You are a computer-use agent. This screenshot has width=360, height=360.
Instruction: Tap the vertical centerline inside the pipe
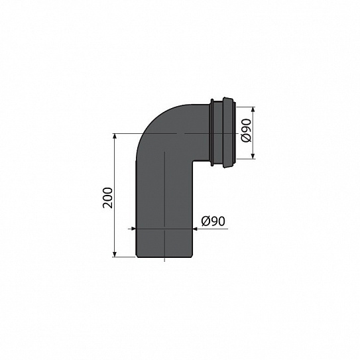(x=164, y=199)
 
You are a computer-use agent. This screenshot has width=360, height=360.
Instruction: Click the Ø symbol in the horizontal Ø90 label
(x=204, y=220)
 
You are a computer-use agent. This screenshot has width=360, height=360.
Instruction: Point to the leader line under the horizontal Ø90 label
(x=212, y=229)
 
